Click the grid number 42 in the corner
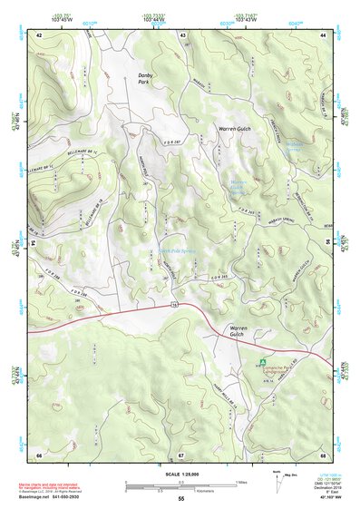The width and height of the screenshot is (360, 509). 39,34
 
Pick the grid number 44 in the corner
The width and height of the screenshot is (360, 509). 323,34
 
